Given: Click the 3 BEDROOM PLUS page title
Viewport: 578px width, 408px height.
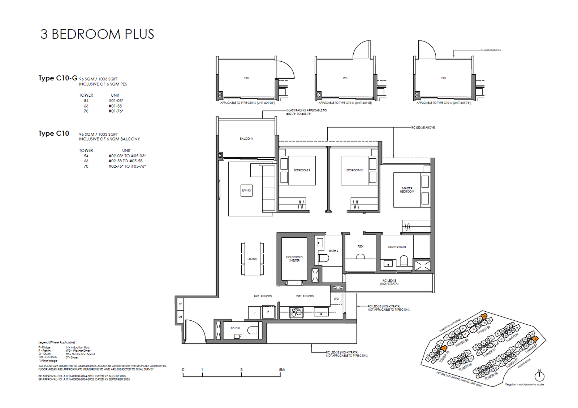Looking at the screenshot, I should point(97,34).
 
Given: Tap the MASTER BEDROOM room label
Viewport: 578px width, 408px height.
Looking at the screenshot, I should point(407,190).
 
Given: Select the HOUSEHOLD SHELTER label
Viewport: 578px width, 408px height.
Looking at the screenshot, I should point(294,259).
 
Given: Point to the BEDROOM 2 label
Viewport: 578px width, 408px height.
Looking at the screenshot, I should point(354,170).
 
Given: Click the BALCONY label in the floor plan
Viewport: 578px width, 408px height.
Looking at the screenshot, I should point(246,139).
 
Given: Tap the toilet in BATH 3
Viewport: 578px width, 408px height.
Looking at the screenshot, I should point(253,330).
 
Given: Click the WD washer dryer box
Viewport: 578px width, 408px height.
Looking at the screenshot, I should point(336,299).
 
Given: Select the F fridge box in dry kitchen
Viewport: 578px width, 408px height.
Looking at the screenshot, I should point(268,312).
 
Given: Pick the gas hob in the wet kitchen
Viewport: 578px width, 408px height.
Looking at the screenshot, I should point(297,312).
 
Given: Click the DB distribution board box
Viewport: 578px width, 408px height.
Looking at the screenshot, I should point(180,317).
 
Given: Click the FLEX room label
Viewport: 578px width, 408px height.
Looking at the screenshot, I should point(360,246).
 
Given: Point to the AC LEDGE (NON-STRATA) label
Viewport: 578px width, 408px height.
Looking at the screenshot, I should point(389,282).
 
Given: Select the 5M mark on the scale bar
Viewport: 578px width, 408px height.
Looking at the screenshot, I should point(281,370).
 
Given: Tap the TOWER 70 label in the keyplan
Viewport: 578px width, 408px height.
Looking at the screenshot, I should point(444,356).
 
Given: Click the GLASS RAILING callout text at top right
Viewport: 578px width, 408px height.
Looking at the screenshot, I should point(491,50).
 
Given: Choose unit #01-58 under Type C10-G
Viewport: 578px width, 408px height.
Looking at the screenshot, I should point(115,106).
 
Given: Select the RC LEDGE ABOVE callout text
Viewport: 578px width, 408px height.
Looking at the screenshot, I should point(423,127).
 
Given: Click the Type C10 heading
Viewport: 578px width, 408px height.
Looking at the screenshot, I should point(54,133).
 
